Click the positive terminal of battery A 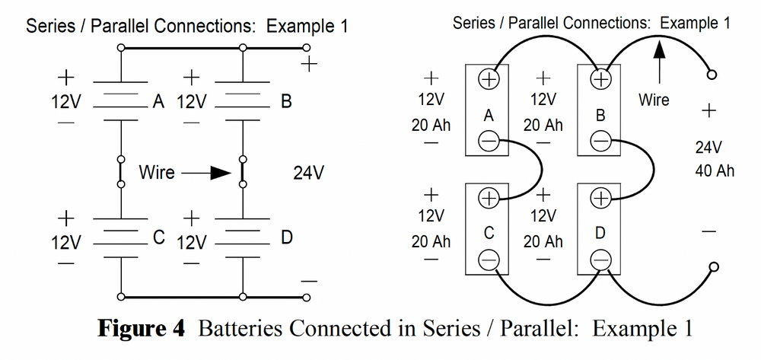pos(488,78)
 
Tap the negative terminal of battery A pos(488,141)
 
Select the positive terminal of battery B pos(601,78)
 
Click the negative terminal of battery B pos(601,141)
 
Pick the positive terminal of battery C pos(488,198)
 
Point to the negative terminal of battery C pos(488,260)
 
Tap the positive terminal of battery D pos(601,198)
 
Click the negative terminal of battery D pos(601,260)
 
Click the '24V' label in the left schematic pos(309,174)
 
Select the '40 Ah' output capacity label pos(715,170)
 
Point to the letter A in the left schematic pos(158,101)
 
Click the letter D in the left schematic pos(286,237)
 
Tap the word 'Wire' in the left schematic pos(156,174)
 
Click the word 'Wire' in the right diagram pos(654,100)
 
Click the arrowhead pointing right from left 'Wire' pos(221,174)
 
